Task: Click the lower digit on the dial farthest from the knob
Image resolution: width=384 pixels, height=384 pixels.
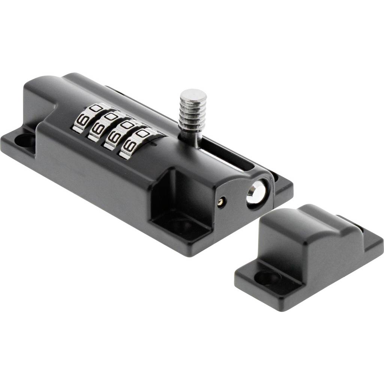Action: [x=81, y=121]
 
